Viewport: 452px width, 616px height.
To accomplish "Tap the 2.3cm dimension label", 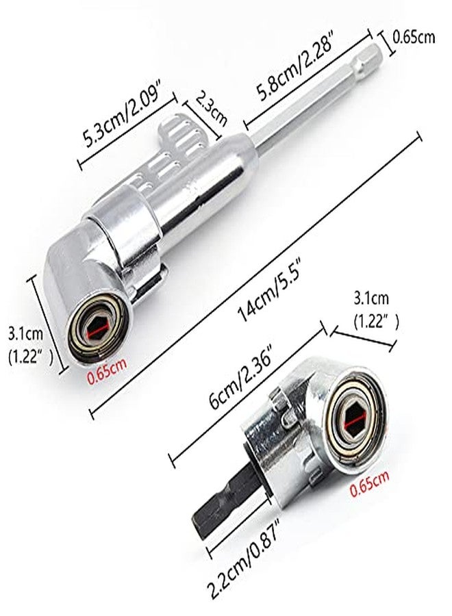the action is click(x=212, y=108).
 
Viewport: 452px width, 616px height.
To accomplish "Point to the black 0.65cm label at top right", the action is click(x=414, y=38).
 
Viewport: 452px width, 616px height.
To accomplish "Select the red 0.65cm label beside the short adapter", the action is click(x=369, y=483).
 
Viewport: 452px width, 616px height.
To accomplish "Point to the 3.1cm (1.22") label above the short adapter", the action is click(x=376, y=310).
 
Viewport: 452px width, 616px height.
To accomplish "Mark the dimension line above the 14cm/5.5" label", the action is click(x=256, y=276).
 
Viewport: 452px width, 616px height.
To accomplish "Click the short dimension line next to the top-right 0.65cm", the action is click(x=386, y=44).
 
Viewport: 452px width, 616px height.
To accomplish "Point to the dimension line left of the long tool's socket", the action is click(x=49, y=325).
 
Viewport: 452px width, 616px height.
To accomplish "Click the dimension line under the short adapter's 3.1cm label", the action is click(x=362, y=339).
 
